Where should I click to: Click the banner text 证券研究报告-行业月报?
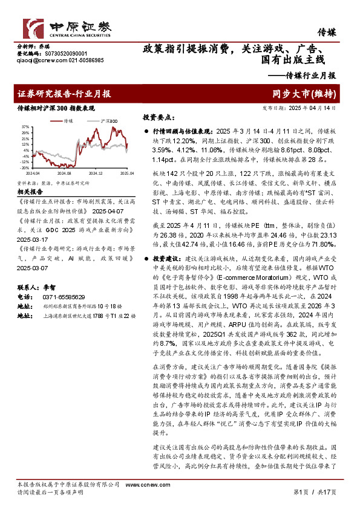point(64,94)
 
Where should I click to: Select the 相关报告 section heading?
point(28,191)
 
